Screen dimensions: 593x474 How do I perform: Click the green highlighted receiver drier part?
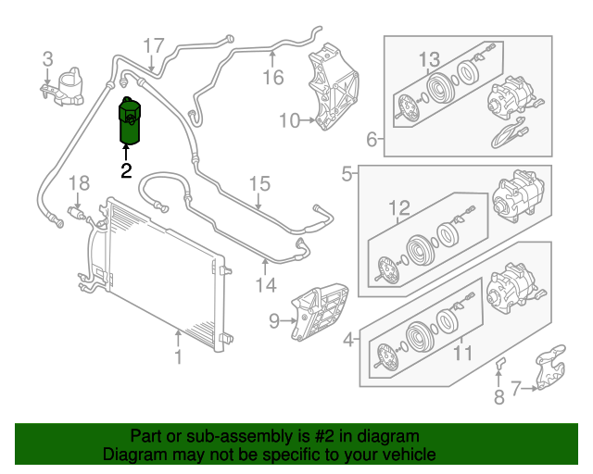[x=130, y=121]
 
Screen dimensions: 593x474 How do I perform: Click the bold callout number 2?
[x=126, y=170]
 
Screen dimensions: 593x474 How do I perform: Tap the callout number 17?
[x=154, y=45]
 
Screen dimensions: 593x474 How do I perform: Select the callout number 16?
[x=273, y=78]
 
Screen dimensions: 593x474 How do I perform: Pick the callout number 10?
[x=289, y=120]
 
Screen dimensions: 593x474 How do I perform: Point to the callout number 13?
[x=430, y=59]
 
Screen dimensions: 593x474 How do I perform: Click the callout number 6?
[x=372, y=139]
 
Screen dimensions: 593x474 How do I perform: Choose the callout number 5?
[x=347, y=174]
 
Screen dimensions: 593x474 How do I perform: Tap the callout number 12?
[x=399, y=208]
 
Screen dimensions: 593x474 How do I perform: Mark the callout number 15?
[x=259, y=184]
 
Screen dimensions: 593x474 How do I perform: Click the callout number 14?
[x=266, y=285]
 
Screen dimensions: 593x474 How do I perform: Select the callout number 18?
[x=79, y=183]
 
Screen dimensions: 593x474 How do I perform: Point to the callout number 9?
[x=274, y=321]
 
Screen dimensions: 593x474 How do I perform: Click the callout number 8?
[x=499, y=397]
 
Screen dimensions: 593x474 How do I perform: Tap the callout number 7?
[x=516, y=388]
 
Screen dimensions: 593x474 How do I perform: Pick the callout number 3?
[x=47, y=59]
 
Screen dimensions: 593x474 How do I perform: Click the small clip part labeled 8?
[x=500, y=363]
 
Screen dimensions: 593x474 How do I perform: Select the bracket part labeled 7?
[x=551, y=368]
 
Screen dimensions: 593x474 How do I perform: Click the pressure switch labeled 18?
[x=78, y=212]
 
